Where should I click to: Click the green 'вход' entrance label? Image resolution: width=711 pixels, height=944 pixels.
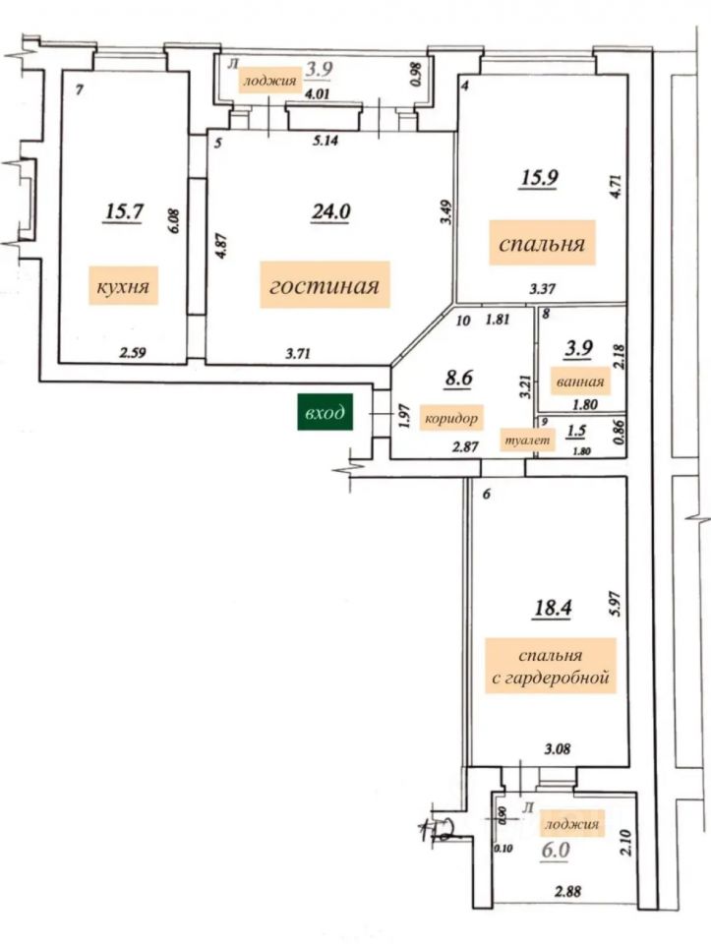click(325, 414)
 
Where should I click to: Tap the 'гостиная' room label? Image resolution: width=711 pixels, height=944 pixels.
click(324, 286)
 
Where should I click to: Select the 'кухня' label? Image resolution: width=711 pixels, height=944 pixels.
click(123, 288)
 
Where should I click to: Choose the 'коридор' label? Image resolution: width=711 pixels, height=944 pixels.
click(451, 419)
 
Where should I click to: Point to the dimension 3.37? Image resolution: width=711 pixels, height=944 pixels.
click(542, 289)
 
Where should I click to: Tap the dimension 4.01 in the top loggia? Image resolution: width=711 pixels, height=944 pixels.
click(317, 94)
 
